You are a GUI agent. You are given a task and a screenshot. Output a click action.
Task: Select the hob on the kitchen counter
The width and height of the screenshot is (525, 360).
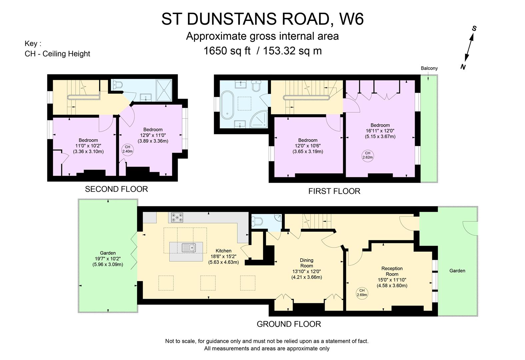[177, 218]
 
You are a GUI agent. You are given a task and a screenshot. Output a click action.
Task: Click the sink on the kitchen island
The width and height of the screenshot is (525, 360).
[189, 248]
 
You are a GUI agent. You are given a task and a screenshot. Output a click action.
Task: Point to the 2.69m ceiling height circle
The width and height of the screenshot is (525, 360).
[362, 292]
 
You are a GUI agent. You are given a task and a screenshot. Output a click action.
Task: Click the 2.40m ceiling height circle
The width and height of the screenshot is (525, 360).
[127, 149]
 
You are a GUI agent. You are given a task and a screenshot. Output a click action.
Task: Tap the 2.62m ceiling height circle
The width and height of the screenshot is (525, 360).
[368, 155]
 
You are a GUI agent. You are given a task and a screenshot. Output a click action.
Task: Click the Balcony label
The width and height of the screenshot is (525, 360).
[429, 68]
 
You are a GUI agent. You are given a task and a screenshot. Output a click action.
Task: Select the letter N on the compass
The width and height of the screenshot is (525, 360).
[463, 67]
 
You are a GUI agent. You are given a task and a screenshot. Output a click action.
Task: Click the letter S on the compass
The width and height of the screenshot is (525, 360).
[474, 29]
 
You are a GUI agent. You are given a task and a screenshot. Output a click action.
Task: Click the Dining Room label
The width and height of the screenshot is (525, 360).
[306, 263]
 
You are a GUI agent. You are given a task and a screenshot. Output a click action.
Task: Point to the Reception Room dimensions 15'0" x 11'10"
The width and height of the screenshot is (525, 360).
[392, 280]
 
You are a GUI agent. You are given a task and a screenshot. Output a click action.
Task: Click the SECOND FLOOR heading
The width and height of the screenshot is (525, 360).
[116, 189]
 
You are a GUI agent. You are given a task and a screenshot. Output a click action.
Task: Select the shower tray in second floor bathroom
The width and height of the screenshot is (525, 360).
[164, 90]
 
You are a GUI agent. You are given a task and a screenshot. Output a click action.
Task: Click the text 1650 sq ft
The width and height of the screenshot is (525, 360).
[227, 51]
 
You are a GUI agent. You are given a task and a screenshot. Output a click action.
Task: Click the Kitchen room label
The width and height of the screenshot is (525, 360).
[223, 251]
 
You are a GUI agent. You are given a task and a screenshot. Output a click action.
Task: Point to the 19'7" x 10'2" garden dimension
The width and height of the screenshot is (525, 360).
[108, 259]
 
